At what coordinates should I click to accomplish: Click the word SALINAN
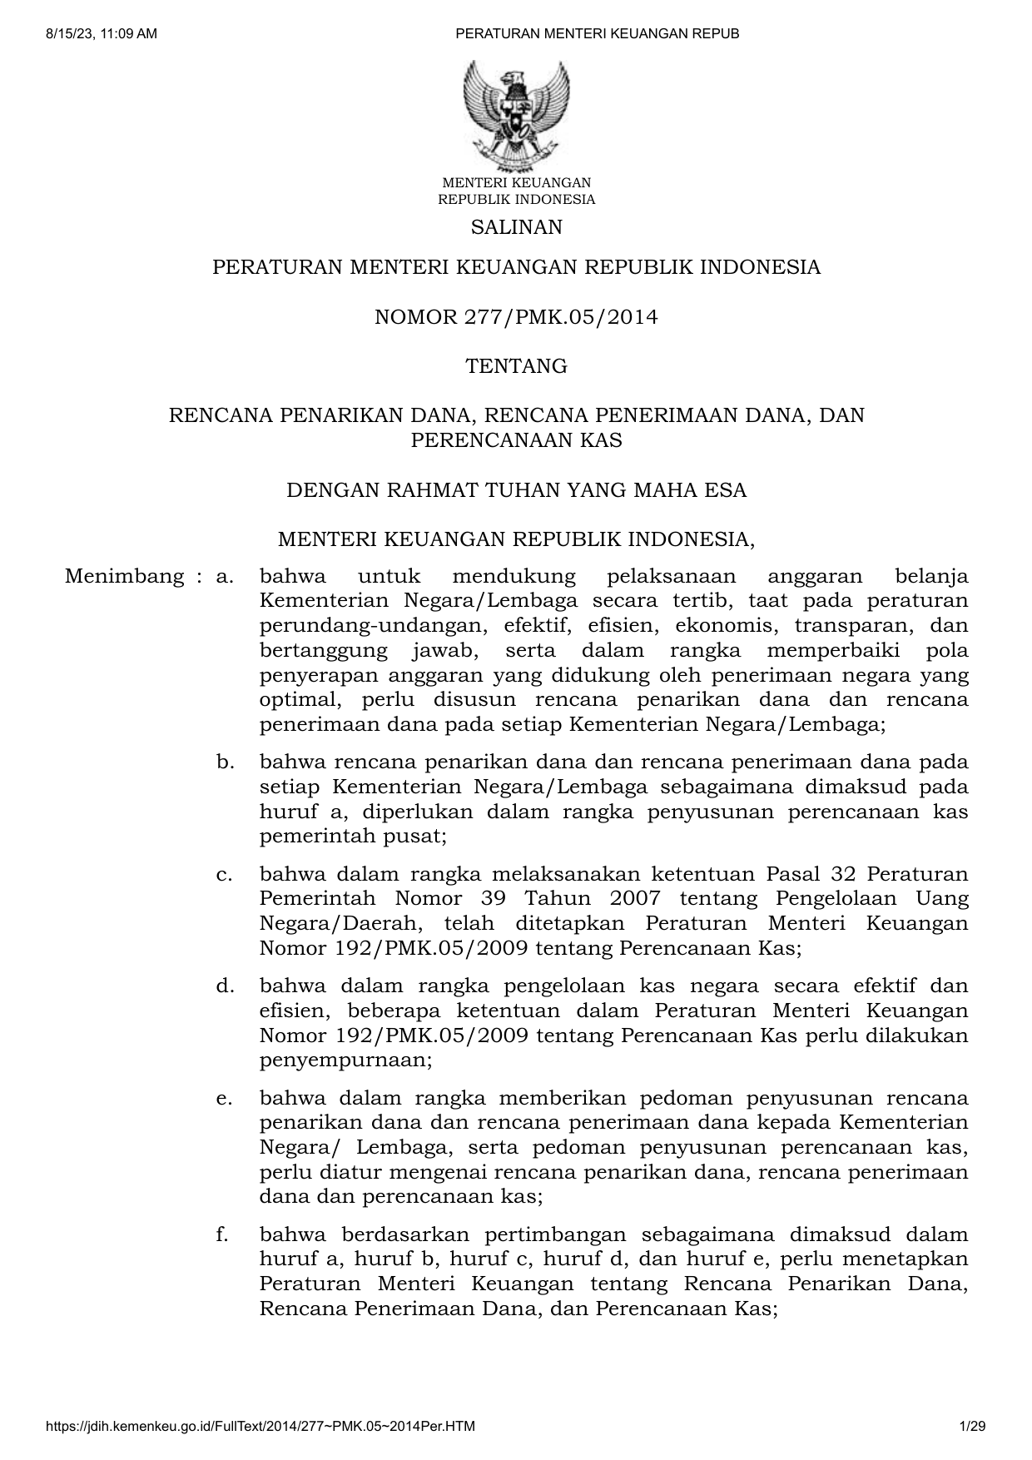coord(516,227)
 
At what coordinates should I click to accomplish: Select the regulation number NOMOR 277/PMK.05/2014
coord(516,317)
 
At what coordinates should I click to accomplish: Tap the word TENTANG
coord(516,366)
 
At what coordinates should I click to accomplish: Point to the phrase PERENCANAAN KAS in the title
coord(516,440)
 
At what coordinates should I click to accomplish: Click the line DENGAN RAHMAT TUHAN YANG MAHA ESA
coord(516,490)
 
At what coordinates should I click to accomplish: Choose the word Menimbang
coord(124,576)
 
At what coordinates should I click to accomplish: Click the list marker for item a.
coord(224,576)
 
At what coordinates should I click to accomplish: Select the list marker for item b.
coord(224,762)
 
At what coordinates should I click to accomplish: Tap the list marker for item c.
coord(223,874)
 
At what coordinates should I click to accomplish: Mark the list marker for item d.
coord(224,986)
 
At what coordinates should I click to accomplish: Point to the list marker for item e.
coord(223,1098)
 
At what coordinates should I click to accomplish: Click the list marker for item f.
coord(222,1234)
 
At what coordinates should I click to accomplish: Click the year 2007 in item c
coord(635,899)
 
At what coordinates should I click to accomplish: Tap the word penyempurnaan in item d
coord(345,1061)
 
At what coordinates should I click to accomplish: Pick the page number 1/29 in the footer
coord(972,1427)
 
